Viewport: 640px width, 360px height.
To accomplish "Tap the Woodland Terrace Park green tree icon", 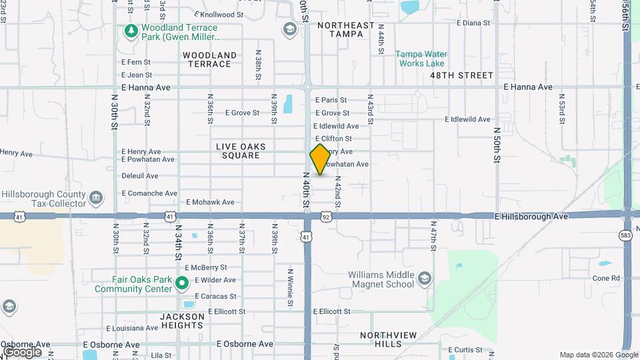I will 131,31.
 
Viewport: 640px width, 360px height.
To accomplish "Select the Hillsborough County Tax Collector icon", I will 96,198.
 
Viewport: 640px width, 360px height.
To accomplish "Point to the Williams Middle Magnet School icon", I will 424,278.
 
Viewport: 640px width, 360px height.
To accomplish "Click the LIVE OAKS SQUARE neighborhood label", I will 241,151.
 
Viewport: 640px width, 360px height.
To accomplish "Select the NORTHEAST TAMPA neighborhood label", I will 346,29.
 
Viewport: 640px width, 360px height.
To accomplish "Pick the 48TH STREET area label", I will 461,75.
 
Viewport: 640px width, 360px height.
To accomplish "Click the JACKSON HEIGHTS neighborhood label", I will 182,321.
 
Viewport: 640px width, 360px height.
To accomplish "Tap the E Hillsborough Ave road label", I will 531,217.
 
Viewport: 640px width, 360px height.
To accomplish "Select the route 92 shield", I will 326,217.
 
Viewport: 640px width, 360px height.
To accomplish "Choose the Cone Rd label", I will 606,278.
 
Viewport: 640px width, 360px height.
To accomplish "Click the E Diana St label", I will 473,22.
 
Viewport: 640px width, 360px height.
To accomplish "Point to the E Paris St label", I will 331,100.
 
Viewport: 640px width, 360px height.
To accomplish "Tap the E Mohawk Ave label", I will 210,201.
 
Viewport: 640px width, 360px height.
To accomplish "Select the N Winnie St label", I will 290,288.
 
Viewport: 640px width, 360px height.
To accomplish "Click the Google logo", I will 22,352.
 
